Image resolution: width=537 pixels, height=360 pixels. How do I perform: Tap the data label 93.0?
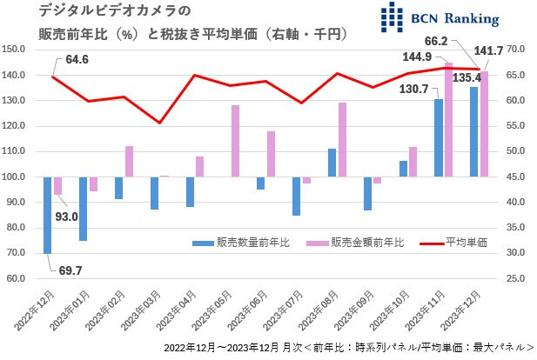click(x=66, y=217)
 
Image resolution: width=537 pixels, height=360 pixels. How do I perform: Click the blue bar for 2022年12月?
click(x=48, y=216)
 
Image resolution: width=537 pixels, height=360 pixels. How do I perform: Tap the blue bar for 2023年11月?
click(x=439, y=138)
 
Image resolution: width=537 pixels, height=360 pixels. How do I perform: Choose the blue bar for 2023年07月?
click(x=296, y=197)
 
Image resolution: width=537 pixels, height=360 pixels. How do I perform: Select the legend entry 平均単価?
click(x=456, y=243)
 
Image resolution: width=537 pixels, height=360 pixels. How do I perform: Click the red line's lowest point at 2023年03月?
click(x=159, y=123)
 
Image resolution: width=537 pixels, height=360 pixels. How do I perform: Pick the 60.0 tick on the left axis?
click(x=21, y=278)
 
